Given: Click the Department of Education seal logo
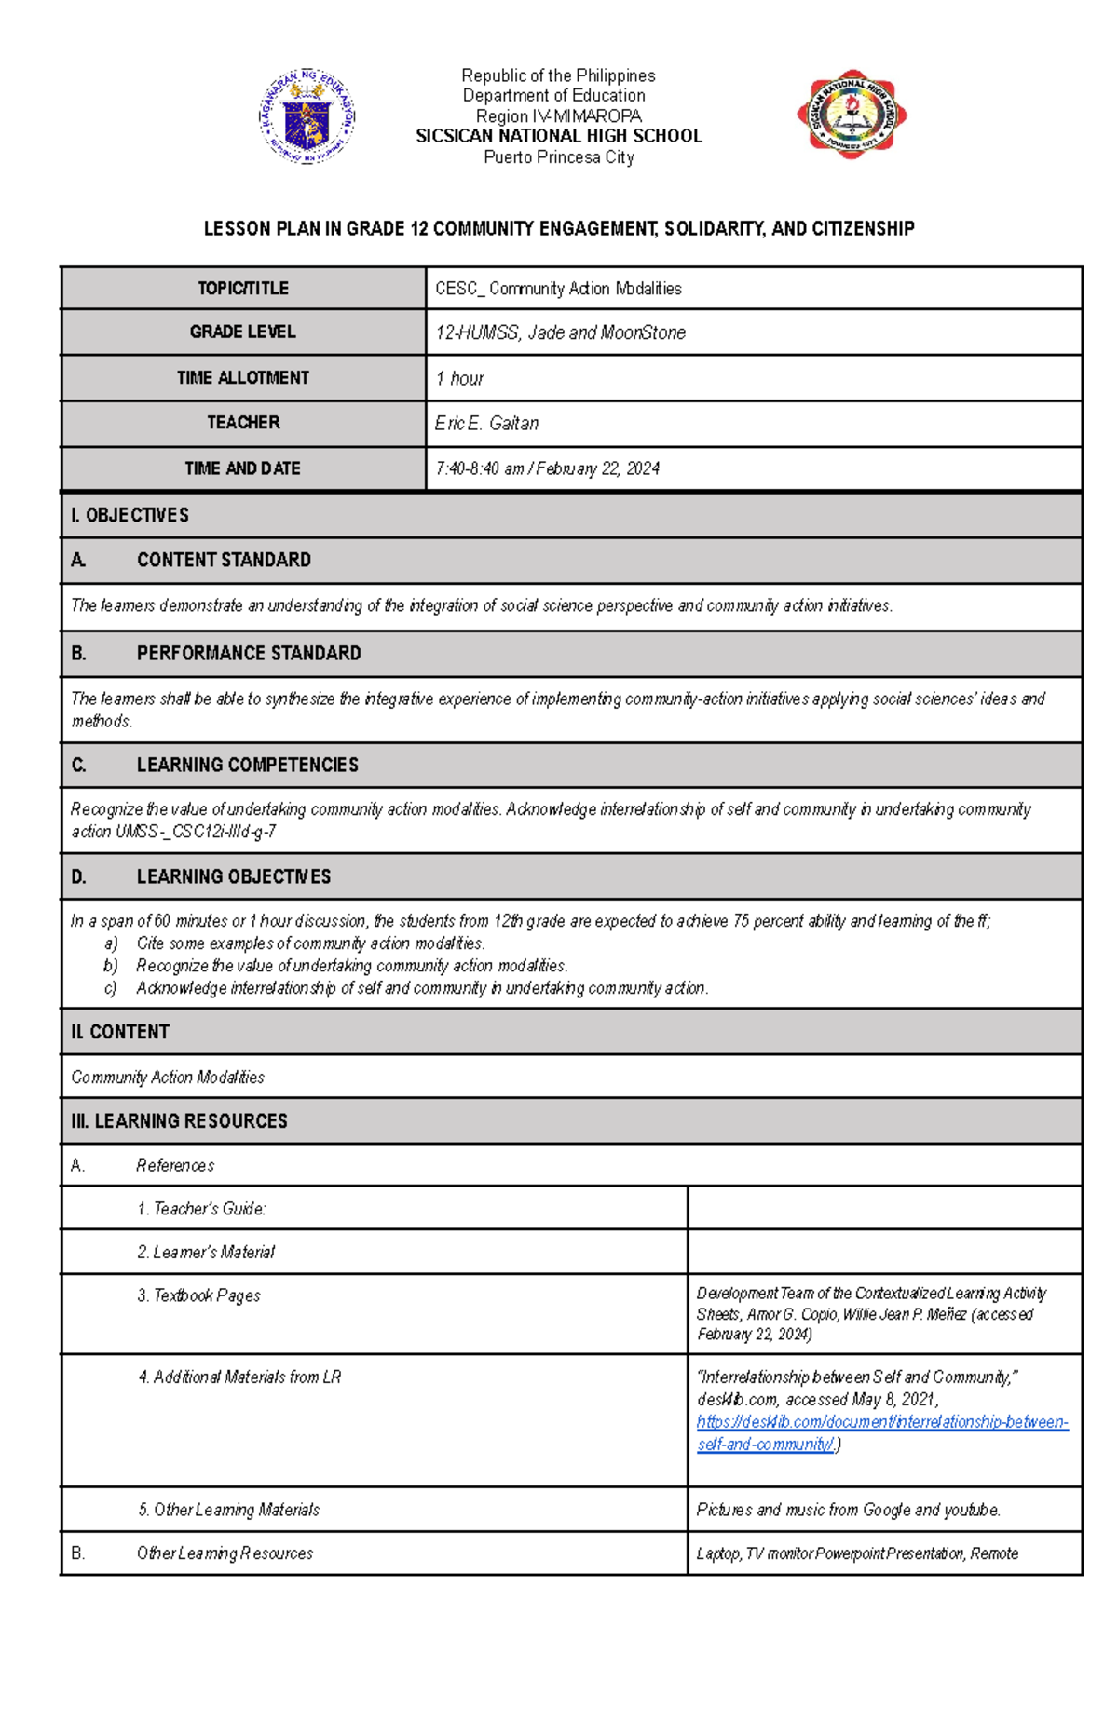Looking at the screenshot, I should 307,117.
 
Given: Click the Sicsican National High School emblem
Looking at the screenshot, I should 852,115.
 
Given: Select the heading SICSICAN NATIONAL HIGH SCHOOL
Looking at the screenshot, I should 558,136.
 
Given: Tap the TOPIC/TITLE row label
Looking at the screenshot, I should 243,289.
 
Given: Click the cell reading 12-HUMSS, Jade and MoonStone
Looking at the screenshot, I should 560,332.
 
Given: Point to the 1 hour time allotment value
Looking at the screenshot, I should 459,378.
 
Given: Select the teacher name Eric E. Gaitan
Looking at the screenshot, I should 486,424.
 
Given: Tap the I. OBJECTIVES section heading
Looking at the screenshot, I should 130,515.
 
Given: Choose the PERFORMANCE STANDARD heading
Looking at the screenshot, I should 249,654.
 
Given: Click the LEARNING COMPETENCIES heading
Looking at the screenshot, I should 247,766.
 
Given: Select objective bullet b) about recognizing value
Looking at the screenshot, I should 351,966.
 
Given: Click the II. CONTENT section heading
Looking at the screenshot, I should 120,1032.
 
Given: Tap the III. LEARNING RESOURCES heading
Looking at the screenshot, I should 179,1121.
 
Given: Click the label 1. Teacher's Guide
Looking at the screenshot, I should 201,1209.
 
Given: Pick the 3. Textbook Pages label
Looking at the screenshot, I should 198,1295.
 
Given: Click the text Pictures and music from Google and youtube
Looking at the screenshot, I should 848,1510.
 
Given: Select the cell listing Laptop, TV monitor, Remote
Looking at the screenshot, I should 857,1553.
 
